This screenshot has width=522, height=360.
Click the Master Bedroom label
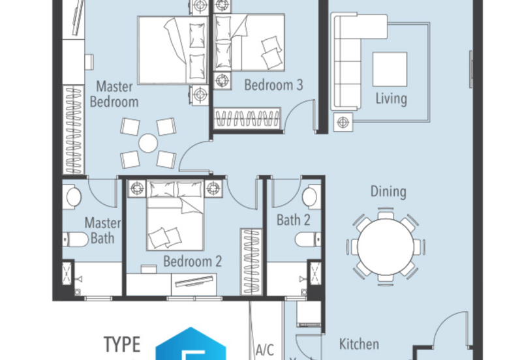click(x=114, y=94)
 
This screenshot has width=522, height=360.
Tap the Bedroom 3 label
click(x=273, y=85)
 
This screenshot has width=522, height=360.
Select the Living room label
click(x=391, y=99)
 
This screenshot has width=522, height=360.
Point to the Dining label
click(x=388, y=192)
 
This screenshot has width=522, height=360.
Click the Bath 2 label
click(x=293, y=220)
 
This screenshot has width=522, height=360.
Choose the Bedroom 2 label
click(x=192, y=261)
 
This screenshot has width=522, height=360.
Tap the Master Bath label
click(x=102, y=231)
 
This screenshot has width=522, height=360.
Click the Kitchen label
click(x=359, y=344)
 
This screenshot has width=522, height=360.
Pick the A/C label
click(x=265, y=350)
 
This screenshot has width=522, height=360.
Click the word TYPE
click(x=122, y=345)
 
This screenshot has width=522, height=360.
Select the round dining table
click(x=386, y=247)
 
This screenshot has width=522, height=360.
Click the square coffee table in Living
click(x=390, y=69)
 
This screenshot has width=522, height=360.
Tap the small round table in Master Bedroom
click(x=148, y=143)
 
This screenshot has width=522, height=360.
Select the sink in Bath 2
click(x=311, y=197)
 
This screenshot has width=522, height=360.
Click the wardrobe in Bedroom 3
click(x=247, y=118)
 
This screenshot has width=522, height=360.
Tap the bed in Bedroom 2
click(x=175, y=215)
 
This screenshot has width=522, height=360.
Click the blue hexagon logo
click(x=191, y=344)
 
